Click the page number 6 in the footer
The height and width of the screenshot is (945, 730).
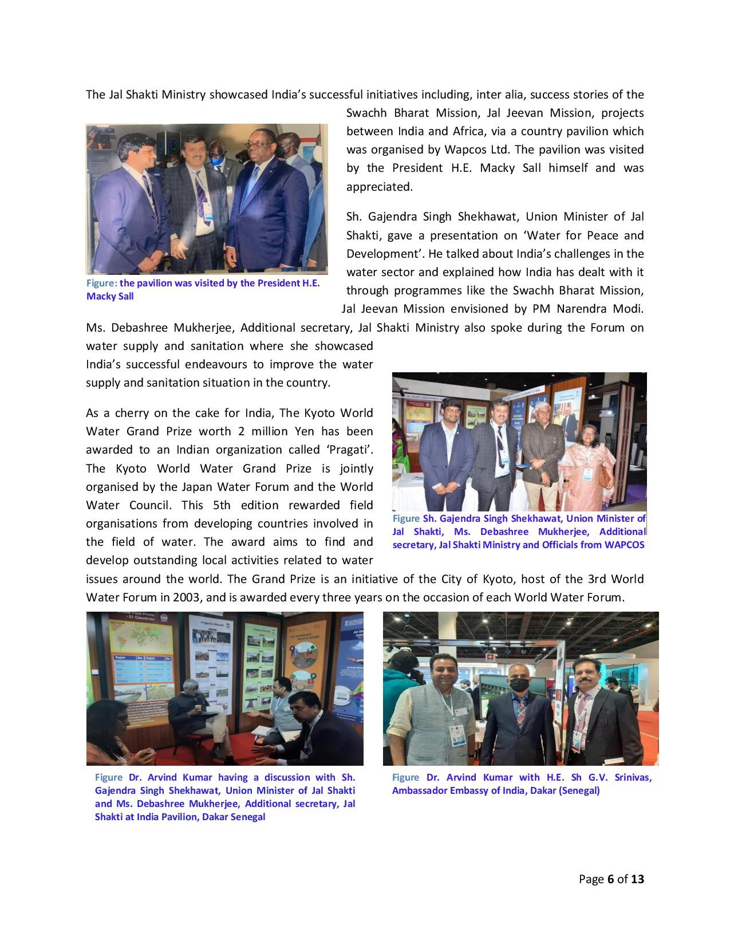pos(610,879)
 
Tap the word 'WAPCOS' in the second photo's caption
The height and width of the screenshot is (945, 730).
pos(624,545)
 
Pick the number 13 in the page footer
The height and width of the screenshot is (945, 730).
pos(637,879)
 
